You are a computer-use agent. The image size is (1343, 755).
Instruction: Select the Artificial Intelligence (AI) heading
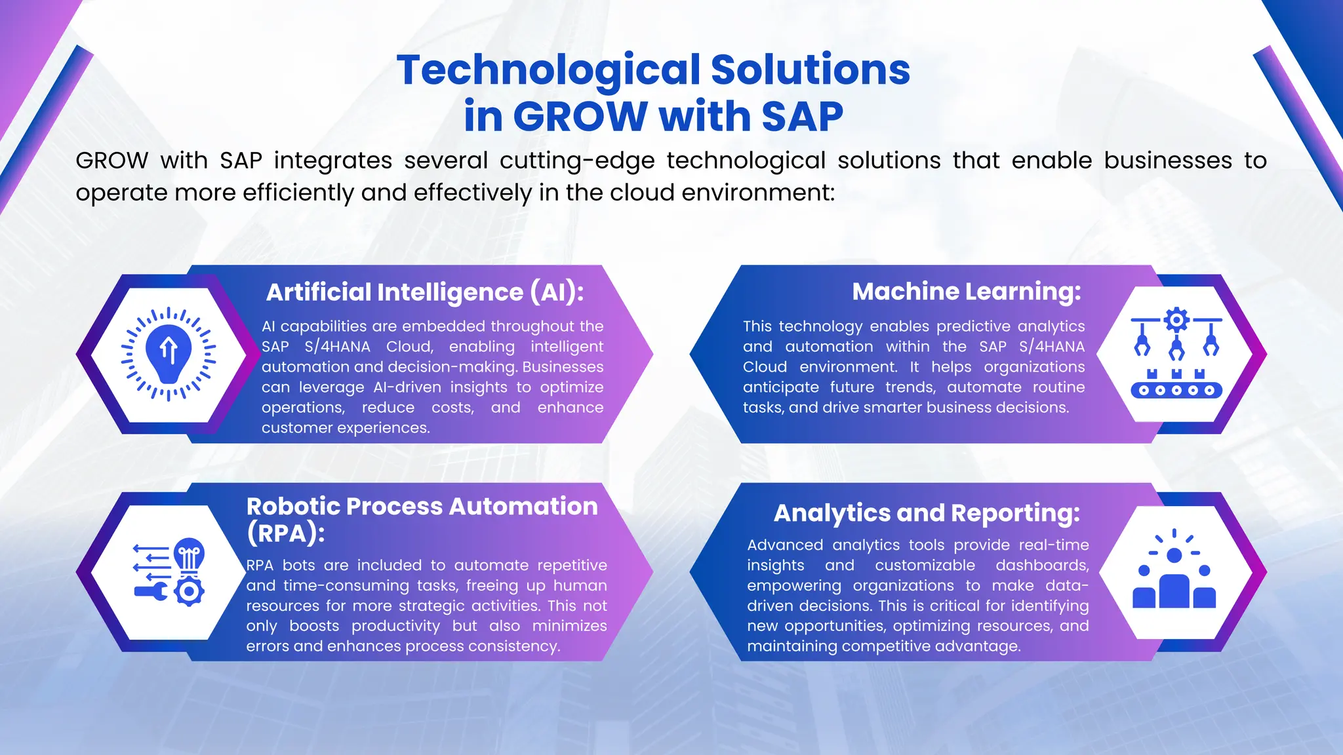(424, 292)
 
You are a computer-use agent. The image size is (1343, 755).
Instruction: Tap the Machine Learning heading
(966, 292)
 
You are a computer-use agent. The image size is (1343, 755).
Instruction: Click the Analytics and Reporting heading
(926, 513)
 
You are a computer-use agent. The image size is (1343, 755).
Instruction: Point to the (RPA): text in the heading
(285, 533)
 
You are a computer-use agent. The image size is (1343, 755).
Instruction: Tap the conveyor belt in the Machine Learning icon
(1176, 391)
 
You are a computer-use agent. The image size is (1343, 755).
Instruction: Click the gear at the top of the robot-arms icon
(1176, 320)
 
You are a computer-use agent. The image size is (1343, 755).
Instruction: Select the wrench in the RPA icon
(150, 592)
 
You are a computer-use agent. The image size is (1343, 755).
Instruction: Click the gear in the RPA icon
(190, 592)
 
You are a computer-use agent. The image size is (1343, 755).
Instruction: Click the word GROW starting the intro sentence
(112, 161)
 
